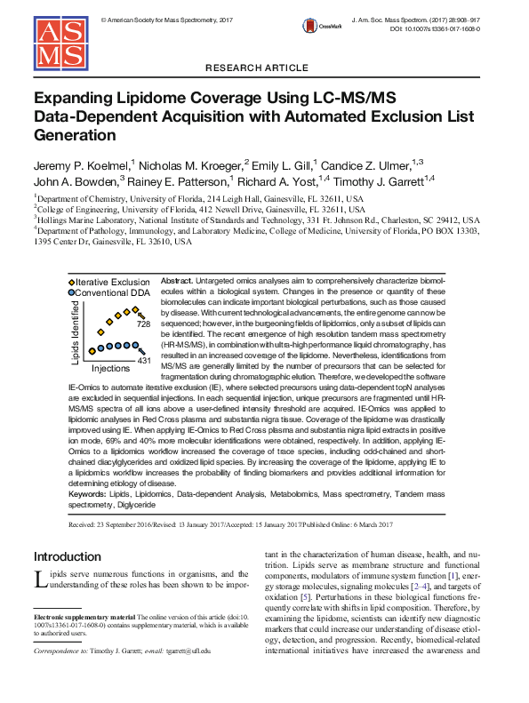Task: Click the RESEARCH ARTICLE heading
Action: click(264, 68)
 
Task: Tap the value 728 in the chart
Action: click(143, 325)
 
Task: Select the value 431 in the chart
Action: click(144, 361)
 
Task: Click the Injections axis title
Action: click(111, 368)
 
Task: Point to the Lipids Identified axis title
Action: click(76, 332)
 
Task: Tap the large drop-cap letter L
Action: click(40, 580)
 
